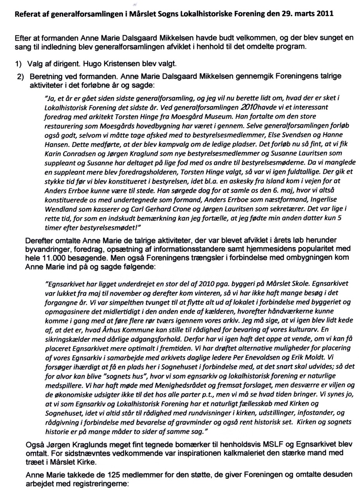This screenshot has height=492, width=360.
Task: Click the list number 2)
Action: [21, 76]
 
